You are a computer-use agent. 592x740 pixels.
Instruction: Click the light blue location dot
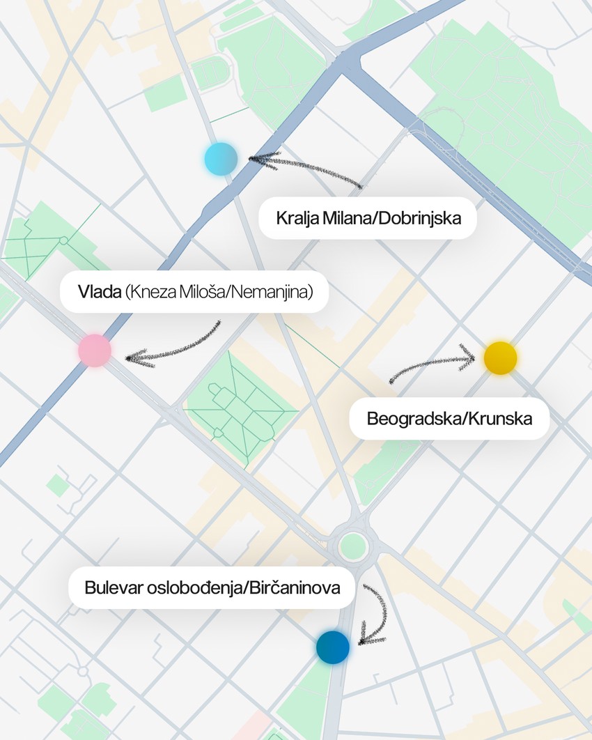click(221, 158)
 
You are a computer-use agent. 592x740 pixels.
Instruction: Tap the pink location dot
click(95, 350)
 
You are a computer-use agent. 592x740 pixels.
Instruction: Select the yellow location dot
click(500, 358)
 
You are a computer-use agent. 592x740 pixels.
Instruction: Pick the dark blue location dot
click(333, 647)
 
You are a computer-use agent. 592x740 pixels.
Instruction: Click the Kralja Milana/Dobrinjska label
click(368, 217)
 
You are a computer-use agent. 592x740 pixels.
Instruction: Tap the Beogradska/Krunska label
click(449, 419)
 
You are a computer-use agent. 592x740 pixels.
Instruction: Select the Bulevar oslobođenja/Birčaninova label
click(212, 587)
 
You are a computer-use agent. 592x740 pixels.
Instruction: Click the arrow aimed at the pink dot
click(174, 347)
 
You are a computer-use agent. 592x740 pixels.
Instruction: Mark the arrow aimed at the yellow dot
click(432, 366)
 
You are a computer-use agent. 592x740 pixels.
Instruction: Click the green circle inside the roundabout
click(352, 544)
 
